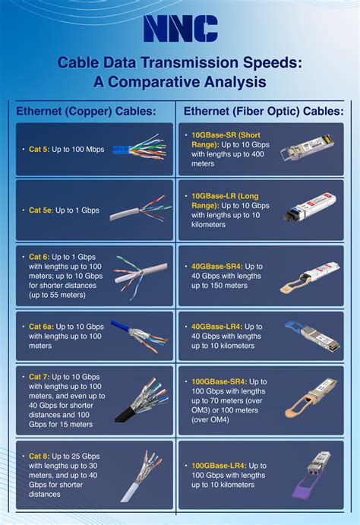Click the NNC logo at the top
click(180, 29)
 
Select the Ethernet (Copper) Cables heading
click(86, 112)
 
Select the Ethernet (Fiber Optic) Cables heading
click(263, 112)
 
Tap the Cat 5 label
click(39, 150)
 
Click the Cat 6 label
click(39, 257)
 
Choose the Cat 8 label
click(39, 456)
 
